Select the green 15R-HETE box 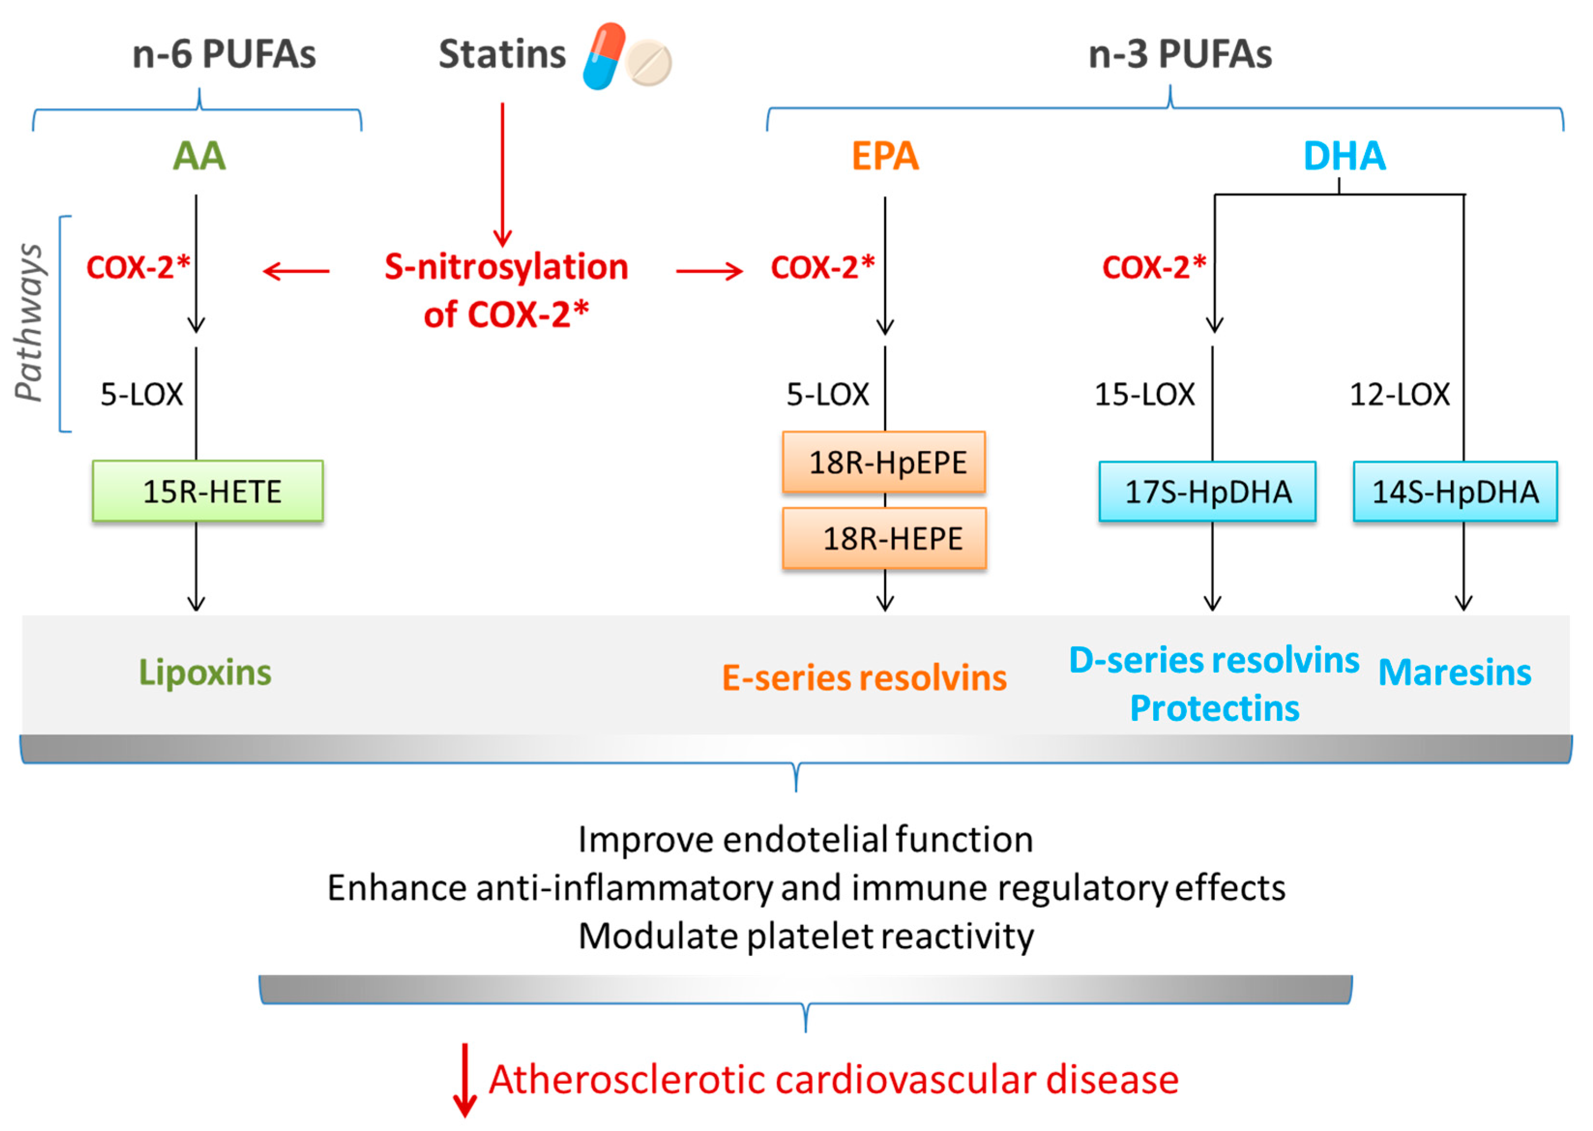coord(207,491)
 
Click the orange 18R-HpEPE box coord(884,462)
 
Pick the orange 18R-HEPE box coord(884,538)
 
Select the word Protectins coord(1214,709)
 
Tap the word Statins coord(502,54)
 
